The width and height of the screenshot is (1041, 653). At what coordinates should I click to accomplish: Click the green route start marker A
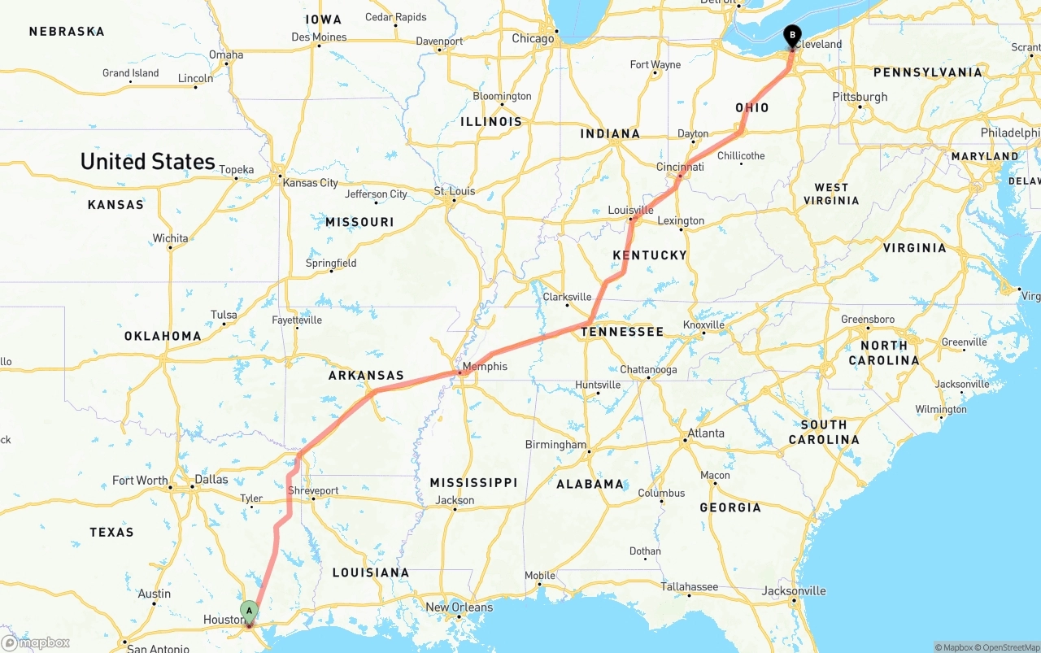[249, 611]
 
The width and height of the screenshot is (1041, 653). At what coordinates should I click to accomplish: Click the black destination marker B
[791, 35]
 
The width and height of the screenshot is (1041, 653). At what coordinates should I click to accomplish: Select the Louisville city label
[630, 211]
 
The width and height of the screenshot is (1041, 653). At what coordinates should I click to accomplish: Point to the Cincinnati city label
[680, 168]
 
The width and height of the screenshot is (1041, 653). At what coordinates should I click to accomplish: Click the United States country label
[147, 161]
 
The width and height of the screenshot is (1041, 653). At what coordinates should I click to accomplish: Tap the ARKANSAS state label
[366, 376]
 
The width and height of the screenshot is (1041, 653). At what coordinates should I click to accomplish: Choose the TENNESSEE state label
[622, 332]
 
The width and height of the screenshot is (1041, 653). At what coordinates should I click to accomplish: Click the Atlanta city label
[706, 433]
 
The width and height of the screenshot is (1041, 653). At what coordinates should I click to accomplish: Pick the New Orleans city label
[459, 607]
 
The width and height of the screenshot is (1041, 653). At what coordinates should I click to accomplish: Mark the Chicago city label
[533, 38]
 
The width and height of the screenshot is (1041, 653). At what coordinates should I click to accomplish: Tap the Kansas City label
[310, 183]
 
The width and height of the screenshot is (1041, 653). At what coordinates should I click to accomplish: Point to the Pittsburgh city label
[860, 97]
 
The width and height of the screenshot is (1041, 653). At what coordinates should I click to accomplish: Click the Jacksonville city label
[793, 591]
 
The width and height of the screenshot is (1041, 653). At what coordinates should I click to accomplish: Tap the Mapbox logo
[36, 642]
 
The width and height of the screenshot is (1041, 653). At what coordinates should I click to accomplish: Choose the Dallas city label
[211, 480]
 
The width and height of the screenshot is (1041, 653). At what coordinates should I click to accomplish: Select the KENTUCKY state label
[650, 255]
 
